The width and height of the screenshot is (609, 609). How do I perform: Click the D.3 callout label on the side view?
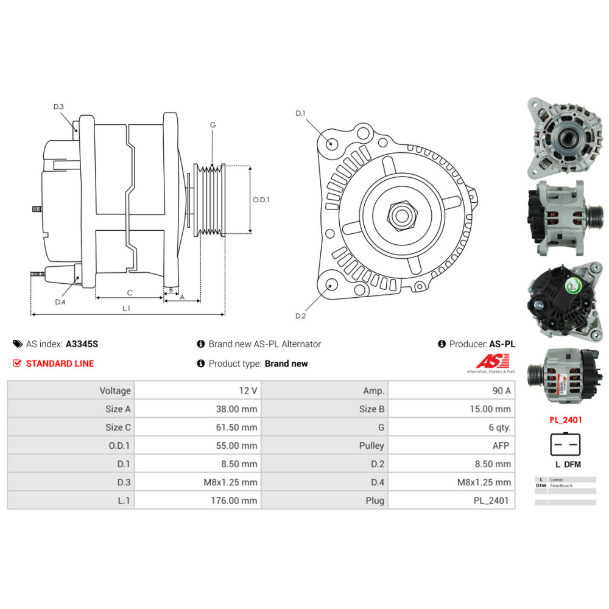coord(58,107)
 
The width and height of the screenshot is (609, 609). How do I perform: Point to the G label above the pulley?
coord(213,125)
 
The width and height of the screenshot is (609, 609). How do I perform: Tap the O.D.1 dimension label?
coord(261,199)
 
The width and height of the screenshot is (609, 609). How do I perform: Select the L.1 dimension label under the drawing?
coord(126,309)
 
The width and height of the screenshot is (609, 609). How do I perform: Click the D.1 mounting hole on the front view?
coord(332,144)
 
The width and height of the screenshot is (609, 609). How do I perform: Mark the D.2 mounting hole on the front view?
coord(332,284)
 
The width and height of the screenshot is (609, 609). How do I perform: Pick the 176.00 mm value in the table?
coord(232,501)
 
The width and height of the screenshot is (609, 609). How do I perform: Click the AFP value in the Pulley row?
coord(501,446)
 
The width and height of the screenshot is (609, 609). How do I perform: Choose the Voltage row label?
coord(114,391)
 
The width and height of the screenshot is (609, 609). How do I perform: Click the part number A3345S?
coord(82,344)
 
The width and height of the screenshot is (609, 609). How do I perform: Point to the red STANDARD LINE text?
coord(60,364)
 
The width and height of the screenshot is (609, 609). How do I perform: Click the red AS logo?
coord(487,362)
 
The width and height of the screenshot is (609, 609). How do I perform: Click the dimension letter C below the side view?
coord(129,293)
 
